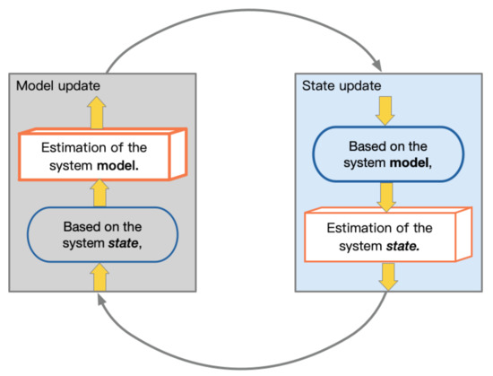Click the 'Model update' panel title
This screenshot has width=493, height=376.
[x=58, y=85]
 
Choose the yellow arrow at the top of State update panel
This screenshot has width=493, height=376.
[x=385, y=109]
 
